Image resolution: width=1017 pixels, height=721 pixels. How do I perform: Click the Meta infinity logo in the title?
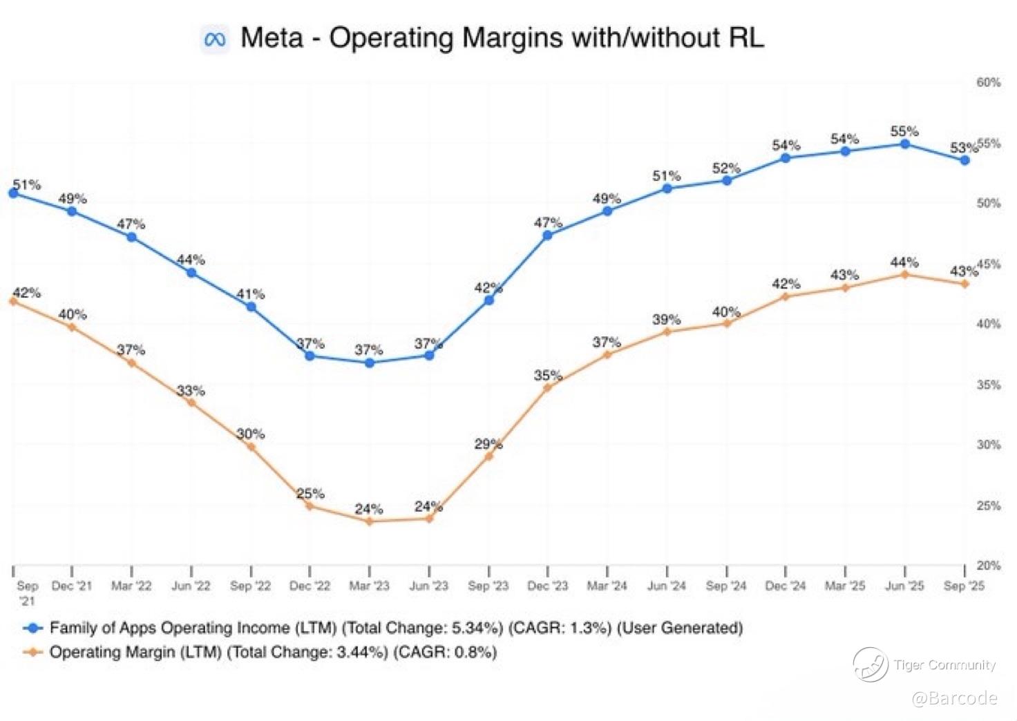tap(214, 40)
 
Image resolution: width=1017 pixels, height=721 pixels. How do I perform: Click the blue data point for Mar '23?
tap(370, 363)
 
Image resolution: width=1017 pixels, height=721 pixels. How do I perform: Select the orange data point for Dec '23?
tap(548, 387)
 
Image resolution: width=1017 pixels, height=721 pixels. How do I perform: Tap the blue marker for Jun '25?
tap(904, 144)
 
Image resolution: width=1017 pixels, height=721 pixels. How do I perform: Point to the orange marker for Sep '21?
tap(13, 301)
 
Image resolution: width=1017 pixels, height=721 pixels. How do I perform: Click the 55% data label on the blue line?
tap(904, 131)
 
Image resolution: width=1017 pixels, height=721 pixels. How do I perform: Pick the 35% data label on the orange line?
tap(548, 375)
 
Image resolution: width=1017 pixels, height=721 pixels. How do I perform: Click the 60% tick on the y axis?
tap(989, 82)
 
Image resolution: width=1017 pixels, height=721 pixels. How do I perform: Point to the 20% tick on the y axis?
tap(989, 565)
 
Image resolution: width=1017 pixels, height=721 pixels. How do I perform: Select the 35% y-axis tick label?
tap(989, 385)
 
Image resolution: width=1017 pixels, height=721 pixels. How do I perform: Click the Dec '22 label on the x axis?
tap(310, 586)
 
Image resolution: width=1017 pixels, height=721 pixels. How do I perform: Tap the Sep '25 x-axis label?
tap(964, 586)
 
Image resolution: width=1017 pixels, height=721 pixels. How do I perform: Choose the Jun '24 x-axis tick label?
tap(667, 586)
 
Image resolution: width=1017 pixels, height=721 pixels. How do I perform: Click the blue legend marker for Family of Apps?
tap(32, 628)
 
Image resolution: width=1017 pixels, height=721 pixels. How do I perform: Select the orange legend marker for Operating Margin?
tap(32, 652)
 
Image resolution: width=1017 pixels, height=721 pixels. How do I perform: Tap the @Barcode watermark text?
tap(954, 698)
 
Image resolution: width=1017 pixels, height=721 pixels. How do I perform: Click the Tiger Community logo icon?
tap(870, 664)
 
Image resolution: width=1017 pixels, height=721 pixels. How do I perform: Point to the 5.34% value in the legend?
tap(476, 628)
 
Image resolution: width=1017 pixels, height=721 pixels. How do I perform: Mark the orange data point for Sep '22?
tap(251, 447)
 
